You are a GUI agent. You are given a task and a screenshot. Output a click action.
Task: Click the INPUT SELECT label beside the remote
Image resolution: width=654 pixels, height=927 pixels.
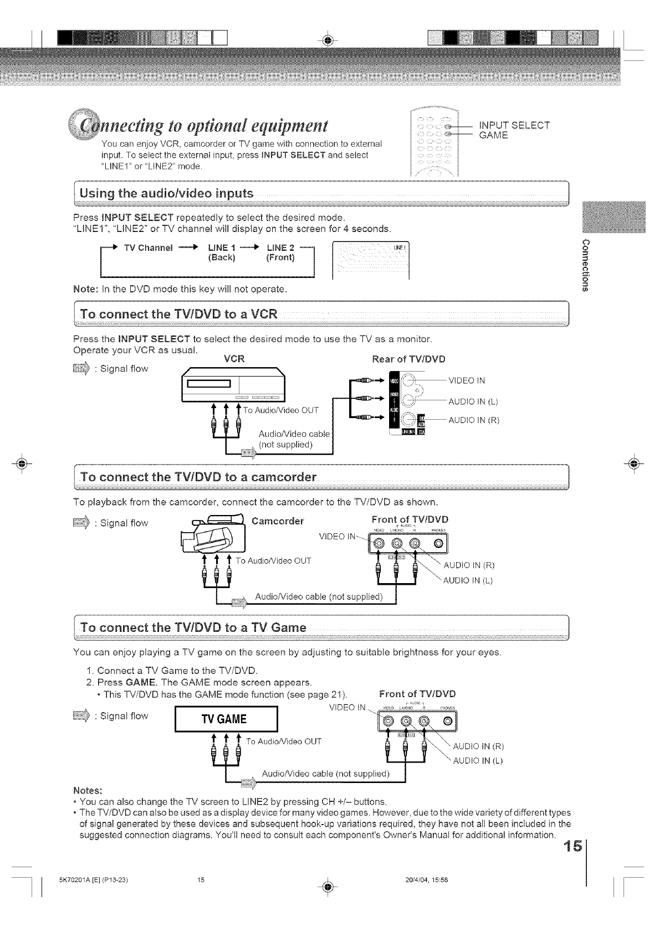click(x=514, y=125)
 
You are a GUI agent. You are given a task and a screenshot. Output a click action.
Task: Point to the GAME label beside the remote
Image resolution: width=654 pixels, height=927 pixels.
click(x=493, y=135)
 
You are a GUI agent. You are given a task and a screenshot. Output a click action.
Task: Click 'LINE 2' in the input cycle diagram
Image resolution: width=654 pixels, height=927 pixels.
click(x=280, y=247)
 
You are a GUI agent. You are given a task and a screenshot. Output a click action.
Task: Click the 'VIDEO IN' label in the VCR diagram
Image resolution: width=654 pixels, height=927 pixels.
click(x=466, y=380)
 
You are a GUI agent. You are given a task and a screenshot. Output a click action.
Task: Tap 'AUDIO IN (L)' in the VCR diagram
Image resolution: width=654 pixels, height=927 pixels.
click(x=473, y=401)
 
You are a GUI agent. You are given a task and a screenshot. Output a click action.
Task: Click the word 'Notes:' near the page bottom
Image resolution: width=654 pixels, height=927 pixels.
click(x=89, y=789)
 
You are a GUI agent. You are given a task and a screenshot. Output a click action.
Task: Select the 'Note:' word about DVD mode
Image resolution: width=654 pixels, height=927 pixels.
click(x=85, y=289)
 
